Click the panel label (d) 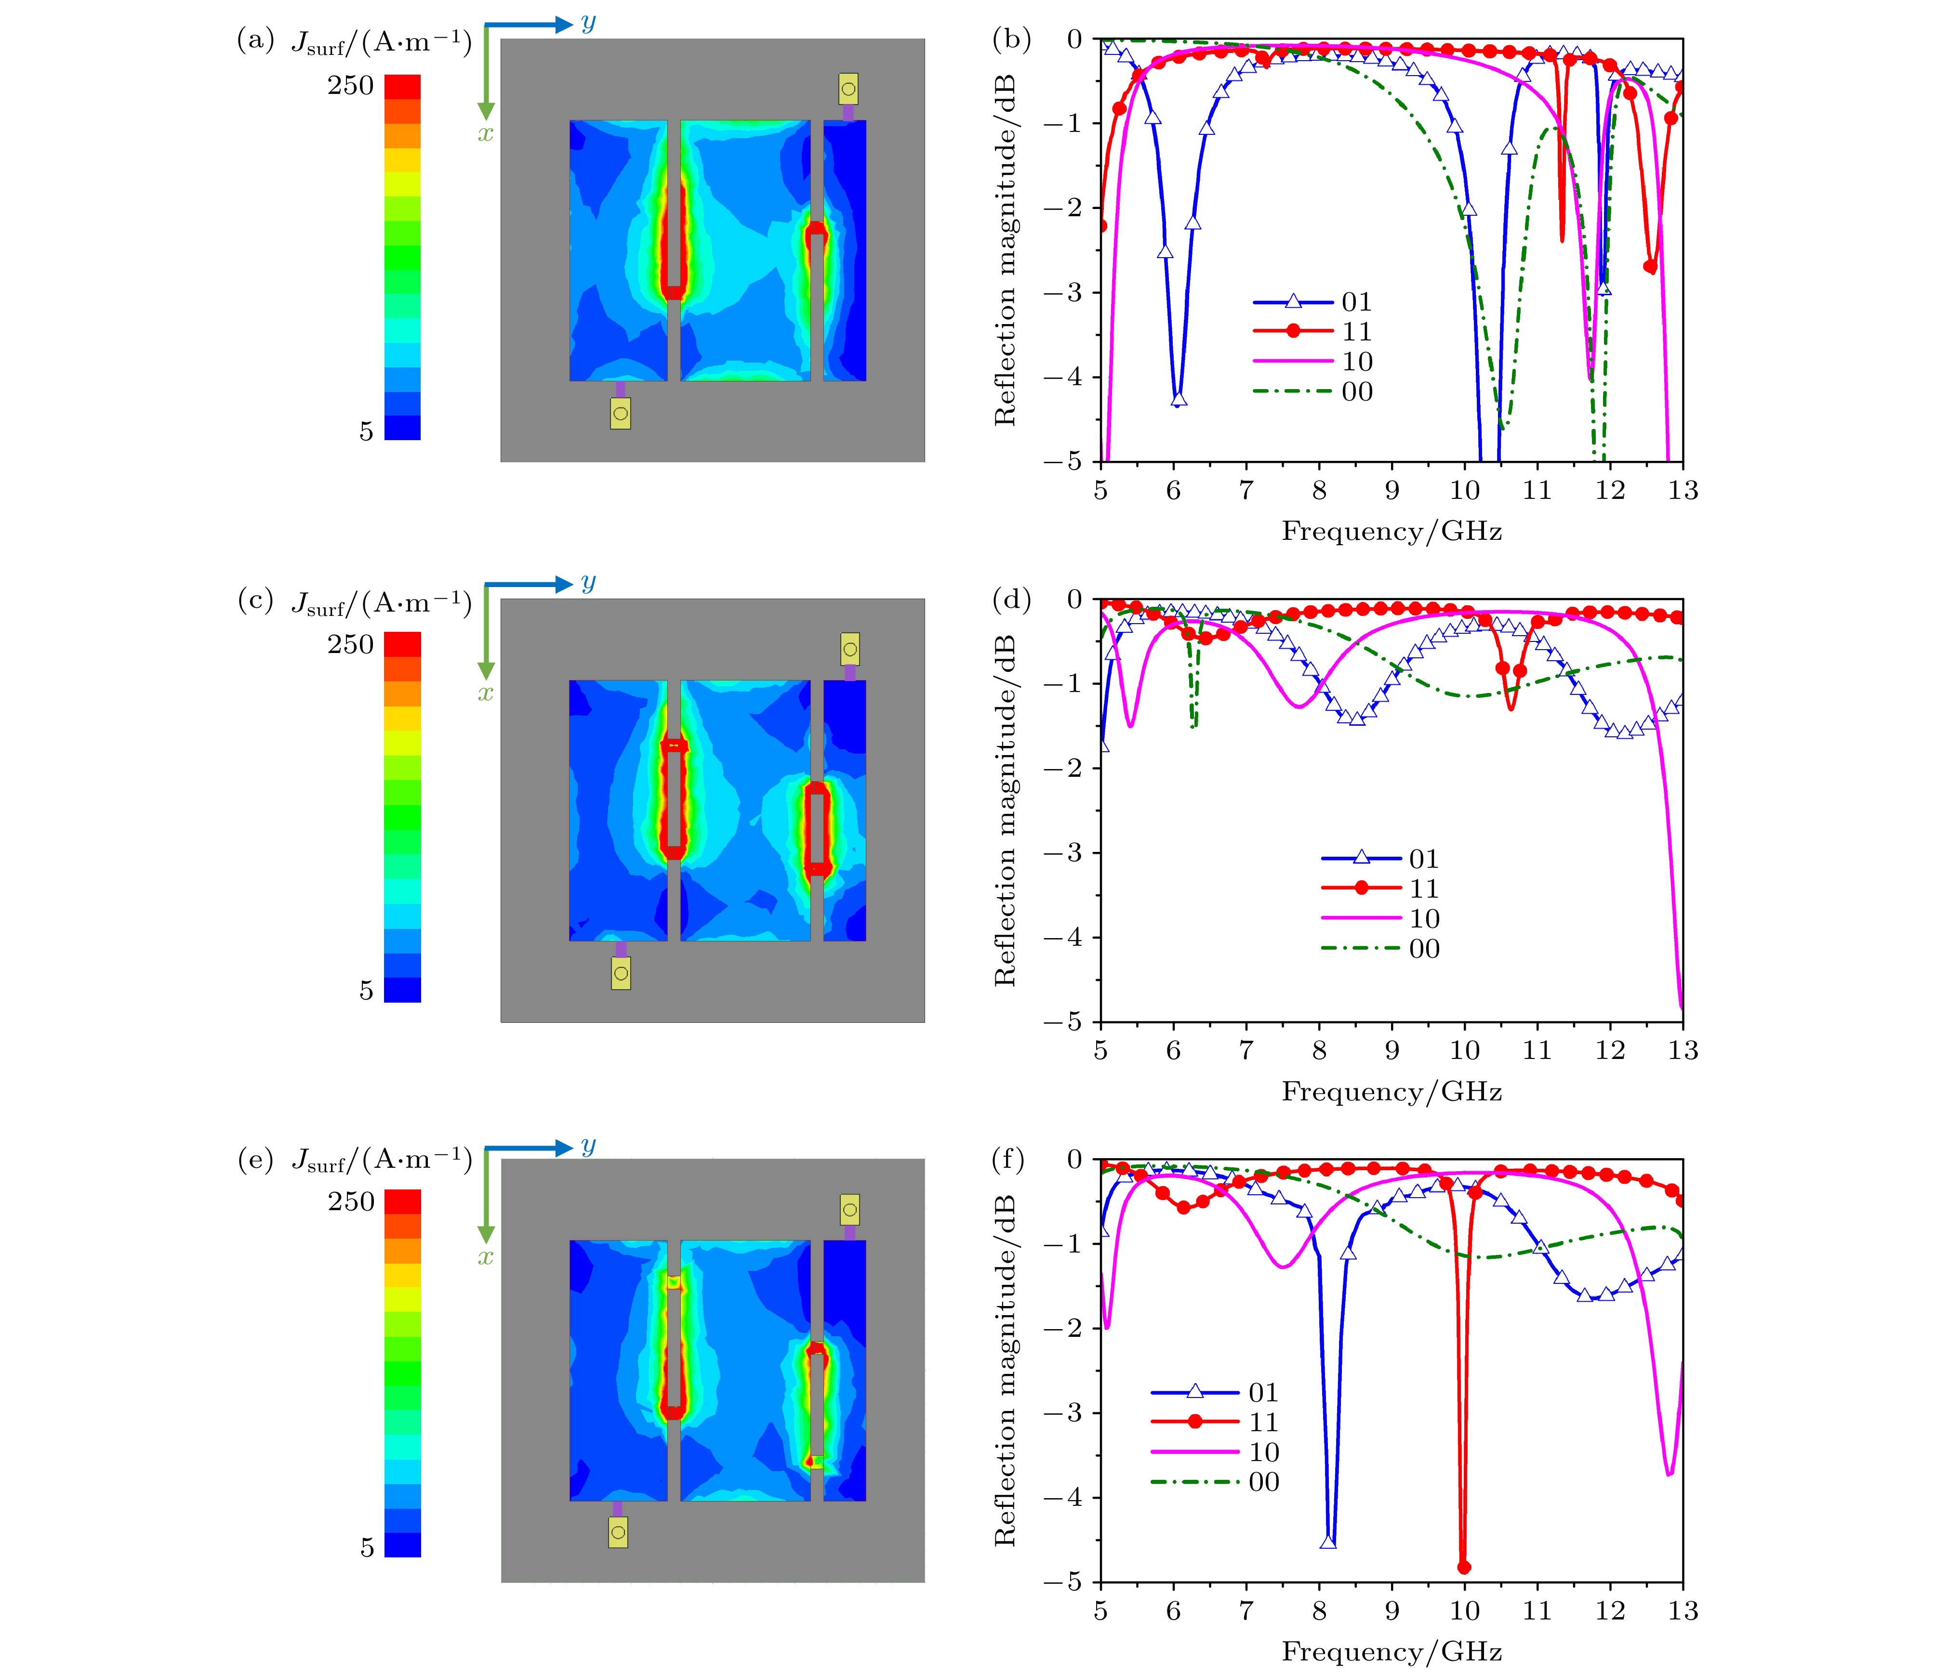pos(1010,601)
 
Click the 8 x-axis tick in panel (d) pos(1319,1051)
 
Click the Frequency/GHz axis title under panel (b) pos(1392,532)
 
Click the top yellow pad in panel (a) pos(848,90)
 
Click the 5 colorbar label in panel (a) pos(366,431)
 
